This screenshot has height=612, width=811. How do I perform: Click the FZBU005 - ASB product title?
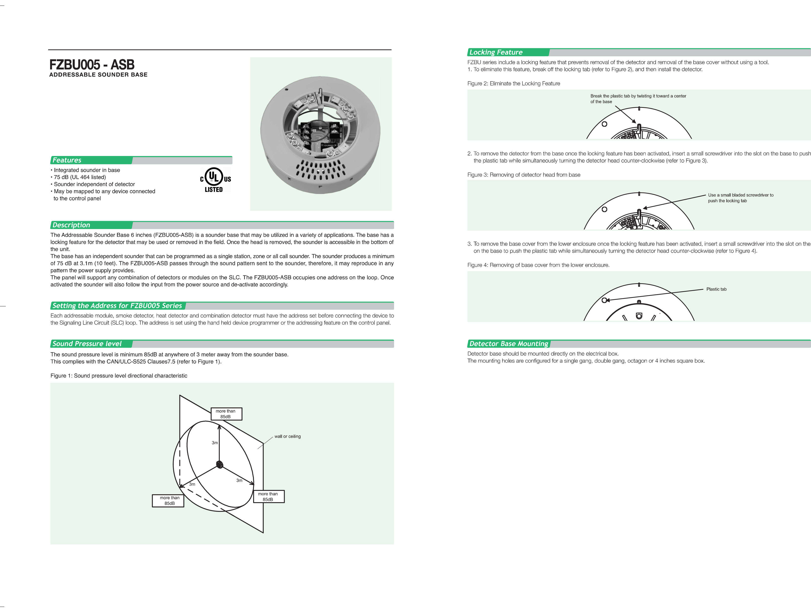click(92, 65)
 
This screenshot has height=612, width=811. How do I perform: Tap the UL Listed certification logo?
click(215, 180)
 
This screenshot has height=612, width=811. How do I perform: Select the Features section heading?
click(67, 160)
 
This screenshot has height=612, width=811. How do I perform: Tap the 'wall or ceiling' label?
click(287, 436)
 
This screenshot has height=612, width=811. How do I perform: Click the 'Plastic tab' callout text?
click(716, 289)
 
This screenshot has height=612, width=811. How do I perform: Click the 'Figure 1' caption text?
click(119, 376)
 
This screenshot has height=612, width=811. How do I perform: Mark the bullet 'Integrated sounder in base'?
click(87, 170)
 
